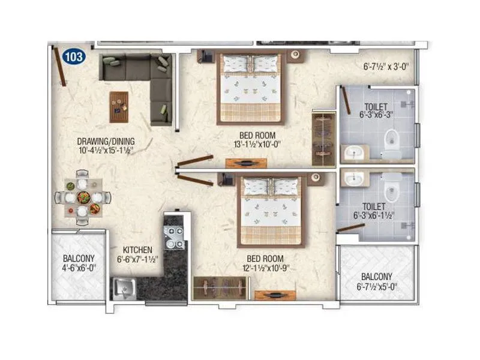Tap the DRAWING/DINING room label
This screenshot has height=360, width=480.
[106, 142]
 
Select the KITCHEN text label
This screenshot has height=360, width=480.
[137, 250]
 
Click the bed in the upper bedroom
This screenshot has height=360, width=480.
[250, 87]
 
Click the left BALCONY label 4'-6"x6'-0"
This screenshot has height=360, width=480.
[78, 265]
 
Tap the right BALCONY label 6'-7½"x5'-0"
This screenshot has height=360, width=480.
[377, 281]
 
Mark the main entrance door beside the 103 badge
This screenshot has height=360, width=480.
[61, 67]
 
